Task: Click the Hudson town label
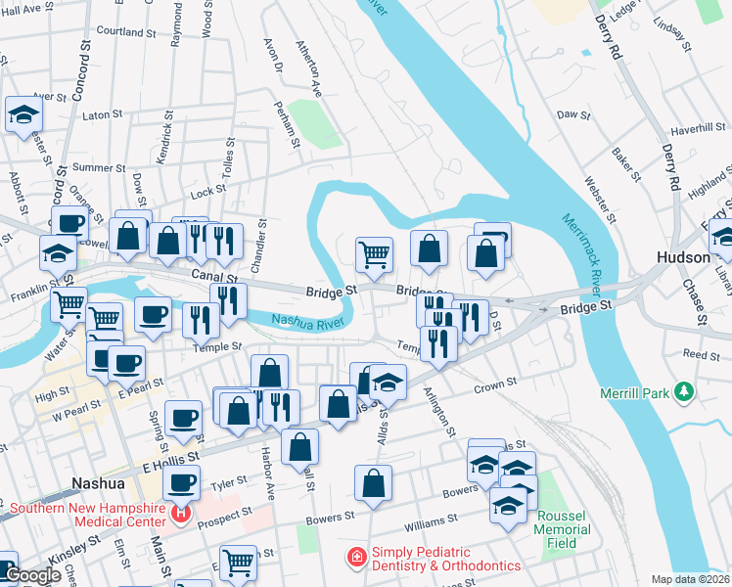pyautogui.click(x=682, y=256)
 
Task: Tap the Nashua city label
pyautogui.click(x=99, y=483)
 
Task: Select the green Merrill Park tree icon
pyautogui.click(x=685, y=393)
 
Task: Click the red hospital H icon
pyautogui.click(x=180, y=513)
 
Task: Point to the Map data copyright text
pyautogui.click(x=691, y=579)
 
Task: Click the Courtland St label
pyautogui.click(x=121, y=31)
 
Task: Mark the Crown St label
pyautogui.click(x=494, y=386)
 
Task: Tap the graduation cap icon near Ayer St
pyautogui.click(x=23, y=114)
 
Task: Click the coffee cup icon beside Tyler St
pyautogui.click(x=181, y=481)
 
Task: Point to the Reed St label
pyautogui.click(x=701, y=353)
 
